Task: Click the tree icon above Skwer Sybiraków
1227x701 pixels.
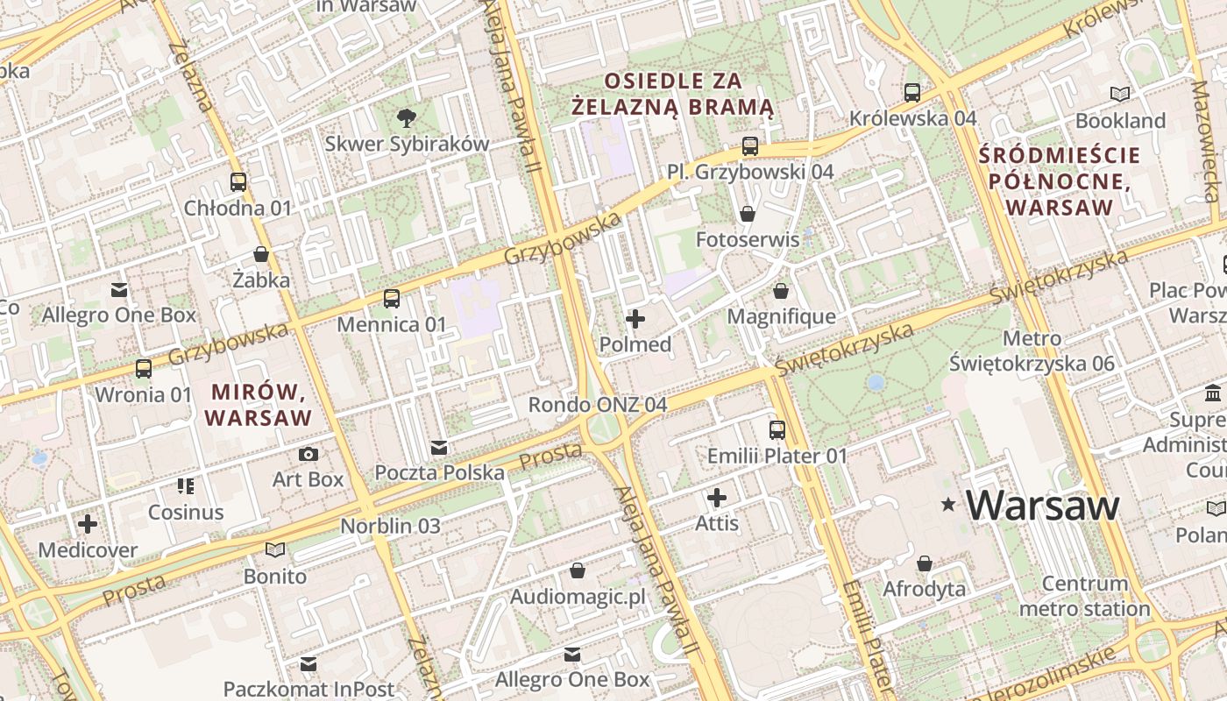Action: [406, 117]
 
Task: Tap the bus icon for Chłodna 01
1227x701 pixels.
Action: [238, 182]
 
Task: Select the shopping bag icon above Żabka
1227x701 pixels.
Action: [260, 255]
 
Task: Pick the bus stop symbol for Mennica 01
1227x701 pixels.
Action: [392, 299]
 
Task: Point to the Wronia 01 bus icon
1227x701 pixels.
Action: [143, 369]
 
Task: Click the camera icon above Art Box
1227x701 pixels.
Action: [308, 454]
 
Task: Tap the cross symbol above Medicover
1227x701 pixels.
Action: [87, 525]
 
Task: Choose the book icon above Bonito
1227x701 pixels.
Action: [275, 550]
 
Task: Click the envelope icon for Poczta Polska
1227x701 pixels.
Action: [439, 448]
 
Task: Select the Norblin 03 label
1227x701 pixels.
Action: [390, 527]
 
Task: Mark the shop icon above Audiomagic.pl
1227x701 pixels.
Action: [578, 571]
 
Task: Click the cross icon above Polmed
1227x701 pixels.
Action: [635, 319]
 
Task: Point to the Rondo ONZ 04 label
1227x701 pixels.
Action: [597, 405]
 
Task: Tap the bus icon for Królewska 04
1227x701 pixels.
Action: [911, 92]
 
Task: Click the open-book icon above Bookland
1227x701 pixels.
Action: [1119, 95]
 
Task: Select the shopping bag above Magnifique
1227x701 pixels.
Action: [781, 291]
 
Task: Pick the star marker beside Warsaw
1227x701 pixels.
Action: [947, 505]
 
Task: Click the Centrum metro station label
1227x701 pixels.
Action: [1085, 596]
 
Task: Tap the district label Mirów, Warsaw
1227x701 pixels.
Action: [259, 404]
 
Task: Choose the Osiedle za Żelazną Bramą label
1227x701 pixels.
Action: [672, 94]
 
